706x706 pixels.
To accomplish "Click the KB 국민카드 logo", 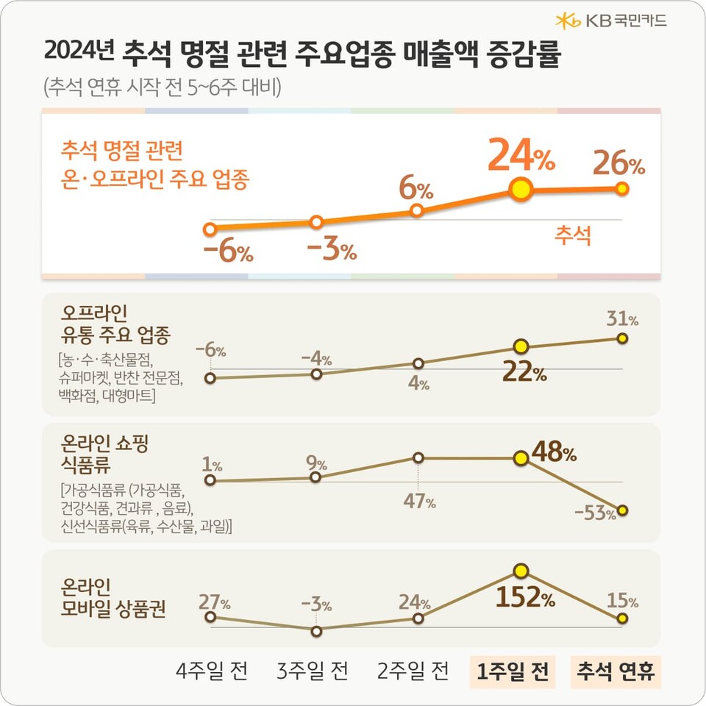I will click(x=611, y=21).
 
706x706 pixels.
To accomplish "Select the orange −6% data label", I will click(x=228, y=252).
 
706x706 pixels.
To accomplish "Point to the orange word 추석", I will click(x=572, y=236).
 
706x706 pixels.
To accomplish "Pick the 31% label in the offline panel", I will click(x=622, y=319).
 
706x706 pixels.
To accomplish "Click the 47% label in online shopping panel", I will click(x=419, y=503).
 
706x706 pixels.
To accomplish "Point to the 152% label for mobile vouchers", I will click(x=524, y=598).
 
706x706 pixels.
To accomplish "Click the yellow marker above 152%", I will click(x=521, y=571).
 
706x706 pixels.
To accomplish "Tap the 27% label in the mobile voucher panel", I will click(x=214, y=604).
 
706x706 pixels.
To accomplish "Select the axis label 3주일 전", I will click(x=313, y=671).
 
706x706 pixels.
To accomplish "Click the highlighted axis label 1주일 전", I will click(x=513, y=671).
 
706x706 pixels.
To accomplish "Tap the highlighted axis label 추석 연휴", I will click(x=616, y=671).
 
